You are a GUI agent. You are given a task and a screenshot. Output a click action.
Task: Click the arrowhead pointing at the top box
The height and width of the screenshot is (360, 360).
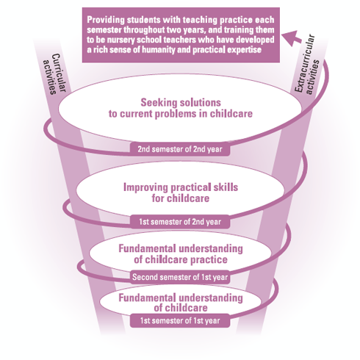[292, 38]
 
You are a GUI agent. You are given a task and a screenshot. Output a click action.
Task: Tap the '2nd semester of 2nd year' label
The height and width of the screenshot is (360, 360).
[180, 149]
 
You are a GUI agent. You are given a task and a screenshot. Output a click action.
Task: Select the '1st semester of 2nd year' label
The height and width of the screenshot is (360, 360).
[180, 222]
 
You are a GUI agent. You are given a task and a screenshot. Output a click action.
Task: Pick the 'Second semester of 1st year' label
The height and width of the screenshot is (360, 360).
[180, 277]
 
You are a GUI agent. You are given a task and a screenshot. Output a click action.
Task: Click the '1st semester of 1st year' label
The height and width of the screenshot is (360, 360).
[180, 320]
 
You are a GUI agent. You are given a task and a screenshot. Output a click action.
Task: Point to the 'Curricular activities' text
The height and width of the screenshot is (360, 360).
[54, 74]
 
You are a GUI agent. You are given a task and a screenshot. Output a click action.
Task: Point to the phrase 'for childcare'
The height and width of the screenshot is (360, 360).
[181, 198]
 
